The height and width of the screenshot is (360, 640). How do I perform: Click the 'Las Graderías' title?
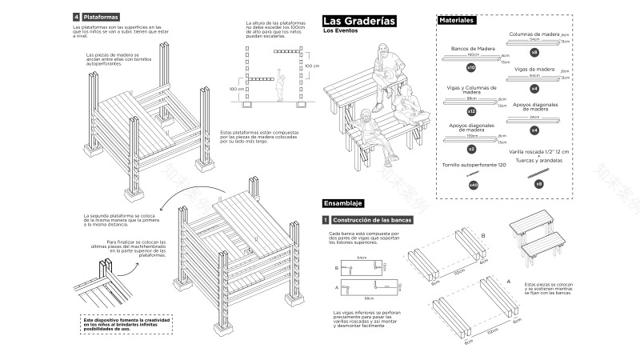(x=359, y=21)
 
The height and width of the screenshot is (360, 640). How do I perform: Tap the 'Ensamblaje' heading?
(x=344, y=203)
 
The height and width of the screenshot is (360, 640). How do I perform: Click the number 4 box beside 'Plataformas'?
(x=76, y=17)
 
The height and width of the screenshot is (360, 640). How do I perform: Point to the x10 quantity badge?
(x=471, y=69)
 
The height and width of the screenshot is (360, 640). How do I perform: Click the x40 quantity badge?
(x=473, y=185)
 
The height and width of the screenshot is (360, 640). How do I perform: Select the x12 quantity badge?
(x=471, y=111)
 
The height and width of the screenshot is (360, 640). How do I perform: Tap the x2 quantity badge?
(x=471, y=149)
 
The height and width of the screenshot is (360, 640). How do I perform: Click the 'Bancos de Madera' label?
(x=474, y=49)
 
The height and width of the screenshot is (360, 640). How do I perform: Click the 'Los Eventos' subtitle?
(x=341, y=31)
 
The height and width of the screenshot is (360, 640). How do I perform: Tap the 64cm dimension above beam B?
(x=362, y=258)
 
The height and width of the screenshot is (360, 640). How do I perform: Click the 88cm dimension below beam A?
(x=370, y=298)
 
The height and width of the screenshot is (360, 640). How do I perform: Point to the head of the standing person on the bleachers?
(x=382, y=51)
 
